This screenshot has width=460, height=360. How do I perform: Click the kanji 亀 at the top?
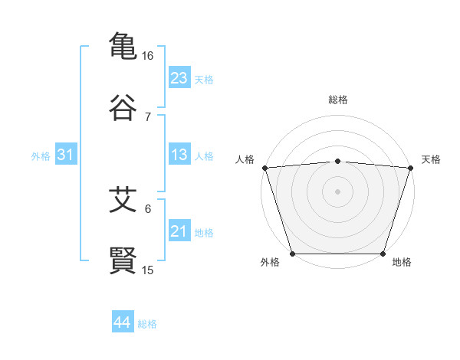tap(123, 46)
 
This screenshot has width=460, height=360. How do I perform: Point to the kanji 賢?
tap(123, 260)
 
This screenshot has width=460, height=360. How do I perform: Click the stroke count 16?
tap(148, 56)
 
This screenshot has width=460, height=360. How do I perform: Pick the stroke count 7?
tap(148, 117)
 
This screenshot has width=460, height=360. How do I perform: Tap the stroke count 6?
tap(148, 208)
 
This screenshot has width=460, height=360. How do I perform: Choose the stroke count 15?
tap(148, 270)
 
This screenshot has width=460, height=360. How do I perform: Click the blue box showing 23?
tap(179, 78)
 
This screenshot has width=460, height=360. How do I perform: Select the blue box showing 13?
tap(179, 155)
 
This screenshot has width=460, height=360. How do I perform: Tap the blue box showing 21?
tap(179, 231)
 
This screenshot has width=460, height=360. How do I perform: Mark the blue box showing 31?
tap(66, 155)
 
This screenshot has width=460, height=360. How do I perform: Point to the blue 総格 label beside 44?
tap(147, 324)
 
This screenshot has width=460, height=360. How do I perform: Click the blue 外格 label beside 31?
tap(41, 156)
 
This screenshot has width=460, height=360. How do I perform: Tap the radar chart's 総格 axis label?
tap(337, 100)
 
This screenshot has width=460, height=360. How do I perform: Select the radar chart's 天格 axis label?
tap(431, 159)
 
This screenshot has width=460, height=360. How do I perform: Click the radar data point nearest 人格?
tap(264, 168)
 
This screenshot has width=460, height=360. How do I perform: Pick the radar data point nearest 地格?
tap(383, 254)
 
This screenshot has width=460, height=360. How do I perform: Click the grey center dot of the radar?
tap(337, 191)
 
